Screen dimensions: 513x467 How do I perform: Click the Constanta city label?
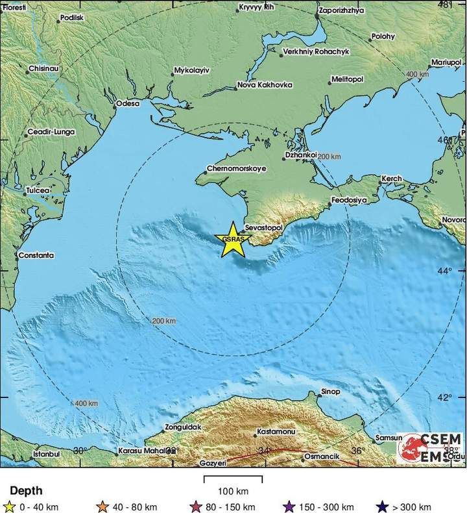(36, 255)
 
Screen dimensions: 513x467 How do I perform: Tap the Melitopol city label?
(348, 79)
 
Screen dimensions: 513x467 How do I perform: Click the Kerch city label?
(392, 178)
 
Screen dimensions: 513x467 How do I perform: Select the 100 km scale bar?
(233, 479)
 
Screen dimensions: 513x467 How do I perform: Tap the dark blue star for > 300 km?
(384, 506)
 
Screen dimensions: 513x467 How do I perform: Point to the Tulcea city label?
(39, 190)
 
